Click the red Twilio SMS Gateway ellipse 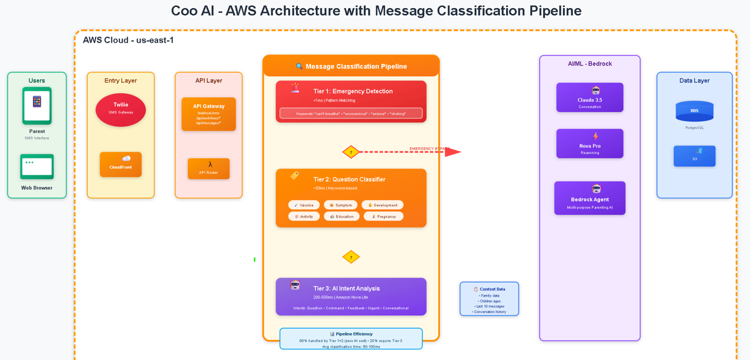tap(121, 110)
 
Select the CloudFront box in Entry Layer tap(121, 164)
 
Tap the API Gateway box tap(209, 114)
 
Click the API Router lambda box tap(209, 168)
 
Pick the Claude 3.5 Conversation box tap(589, 97)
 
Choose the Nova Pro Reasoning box tap(589, 144)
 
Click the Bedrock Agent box tap(589, 198)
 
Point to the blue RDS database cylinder tap(694, 111)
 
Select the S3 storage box tap(694, 156)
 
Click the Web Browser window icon tap(37, 167)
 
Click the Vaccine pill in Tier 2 tap(304, 205)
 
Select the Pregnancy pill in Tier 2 tap(384, 216)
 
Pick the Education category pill tap(342, 216)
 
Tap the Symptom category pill tap(340, 205)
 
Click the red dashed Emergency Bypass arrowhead tap(454, 152)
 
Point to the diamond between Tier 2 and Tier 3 tap(351, 257)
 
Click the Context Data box tap(489, 299)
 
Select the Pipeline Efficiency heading tap(351, 334)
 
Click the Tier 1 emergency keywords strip tap(351, 113)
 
